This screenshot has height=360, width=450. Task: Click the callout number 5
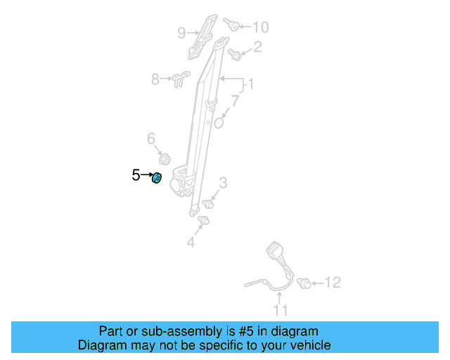click(136, 175)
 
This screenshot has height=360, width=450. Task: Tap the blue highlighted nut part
click(157, 179)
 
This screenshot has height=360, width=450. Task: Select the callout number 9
click(181, 32)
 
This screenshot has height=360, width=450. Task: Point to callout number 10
click(260, 27)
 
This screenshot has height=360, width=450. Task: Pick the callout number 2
click(257, 47)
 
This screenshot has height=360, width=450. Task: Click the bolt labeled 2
click(236, 55)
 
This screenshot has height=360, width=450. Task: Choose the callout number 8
click(155, 79)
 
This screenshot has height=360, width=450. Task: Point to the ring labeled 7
click(219, 122)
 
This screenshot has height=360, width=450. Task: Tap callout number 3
click(223, 184)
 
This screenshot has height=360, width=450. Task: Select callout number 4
click(190, 243)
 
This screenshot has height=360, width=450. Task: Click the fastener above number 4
click(204, 221)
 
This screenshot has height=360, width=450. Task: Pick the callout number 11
click(281, 310)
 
